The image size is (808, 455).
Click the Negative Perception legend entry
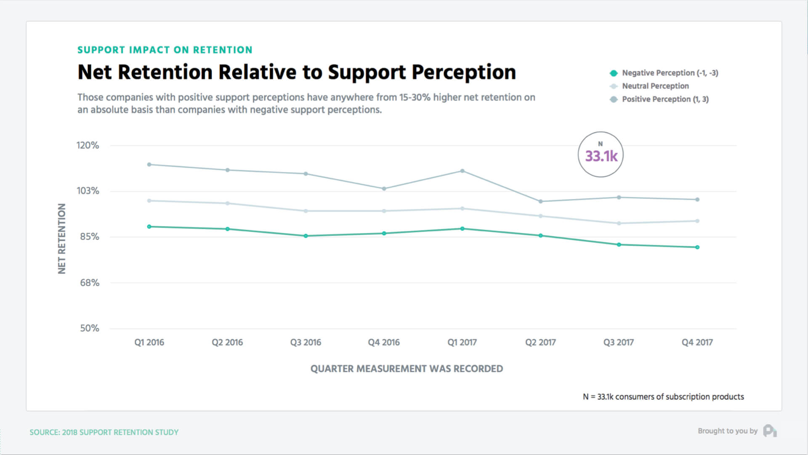(664, 73)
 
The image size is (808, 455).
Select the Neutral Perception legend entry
(649, 86)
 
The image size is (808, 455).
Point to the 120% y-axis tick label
(88, 145)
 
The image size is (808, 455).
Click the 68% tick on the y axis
(90, 283)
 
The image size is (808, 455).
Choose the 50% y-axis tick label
(90, 328)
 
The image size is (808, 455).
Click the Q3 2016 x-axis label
(306, 343)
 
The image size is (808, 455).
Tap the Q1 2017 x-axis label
(462, 343)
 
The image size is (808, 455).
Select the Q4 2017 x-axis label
(697, 343)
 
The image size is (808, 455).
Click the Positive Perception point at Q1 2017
(462, 171)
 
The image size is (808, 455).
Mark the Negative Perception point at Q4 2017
(697, 247)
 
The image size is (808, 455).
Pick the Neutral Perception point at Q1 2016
(149, 201)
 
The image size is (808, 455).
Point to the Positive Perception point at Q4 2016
(384, 189)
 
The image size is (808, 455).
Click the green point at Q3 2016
(306, 236)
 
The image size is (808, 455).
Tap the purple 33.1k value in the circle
(601, 156)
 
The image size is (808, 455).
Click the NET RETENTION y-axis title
(62, 238)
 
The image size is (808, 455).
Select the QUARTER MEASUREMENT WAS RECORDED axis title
(407, 369)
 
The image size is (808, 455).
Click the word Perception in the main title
(464, 72)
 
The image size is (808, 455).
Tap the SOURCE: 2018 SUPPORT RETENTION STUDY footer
(104, 432)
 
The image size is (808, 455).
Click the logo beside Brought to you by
(770, 431)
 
